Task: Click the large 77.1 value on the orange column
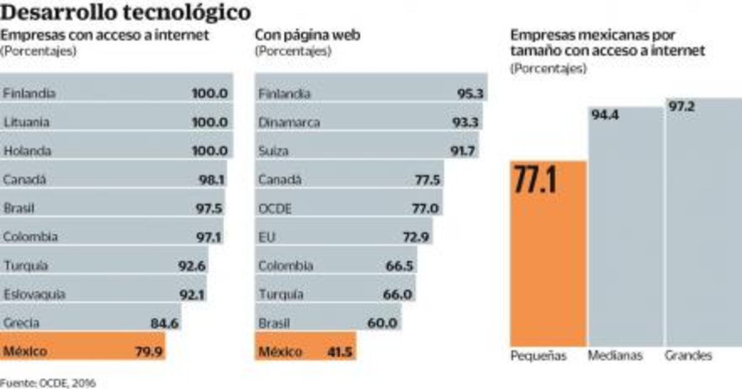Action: [536, 180]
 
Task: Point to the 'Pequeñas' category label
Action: [538, 356]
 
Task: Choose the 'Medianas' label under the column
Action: [615, 356]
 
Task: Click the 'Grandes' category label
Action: [688, 356]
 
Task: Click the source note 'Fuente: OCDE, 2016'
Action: [48, 382]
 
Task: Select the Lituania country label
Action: [27, 122]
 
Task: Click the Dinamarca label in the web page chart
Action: [289, 122]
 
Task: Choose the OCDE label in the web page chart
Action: [275, 209]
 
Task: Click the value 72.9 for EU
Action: [416, 237]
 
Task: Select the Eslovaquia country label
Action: [34, 294]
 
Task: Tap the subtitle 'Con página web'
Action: [307, 35]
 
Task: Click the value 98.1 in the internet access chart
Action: [212, 180]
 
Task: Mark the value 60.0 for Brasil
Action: [382, 323]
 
